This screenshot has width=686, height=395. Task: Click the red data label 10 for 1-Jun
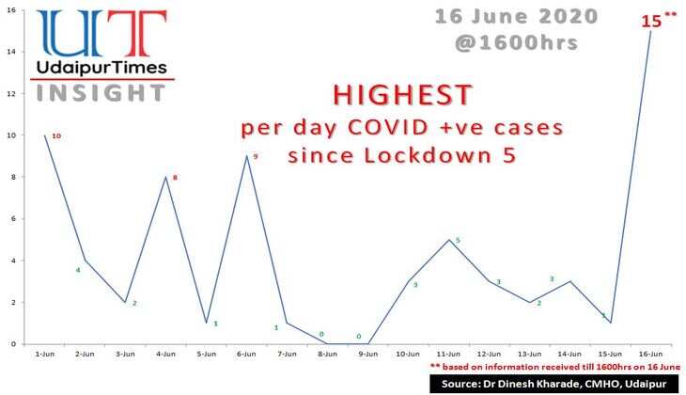[x=56, y=136]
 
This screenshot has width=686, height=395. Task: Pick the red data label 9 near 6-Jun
[x=255, y=156]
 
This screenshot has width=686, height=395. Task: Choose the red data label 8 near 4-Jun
[x=174, y=177]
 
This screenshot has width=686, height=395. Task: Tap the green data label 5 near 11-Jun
[x=458, y=241]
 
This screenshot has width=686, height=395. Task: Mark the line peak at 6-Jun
[x=246, y=156]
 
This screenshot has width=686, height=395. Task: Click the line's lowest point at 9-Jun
[x=367, y=343]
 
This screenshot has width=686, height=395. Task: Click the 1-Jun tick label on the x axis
[x=44, y=355]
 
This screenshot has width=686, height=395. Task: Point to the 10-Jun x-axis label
[x=408, y=355]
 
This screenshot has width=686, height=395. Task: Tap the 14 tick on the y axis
[x=13, y=52]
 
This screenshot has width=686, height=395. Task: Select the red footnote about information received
[x=553, y=367]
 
